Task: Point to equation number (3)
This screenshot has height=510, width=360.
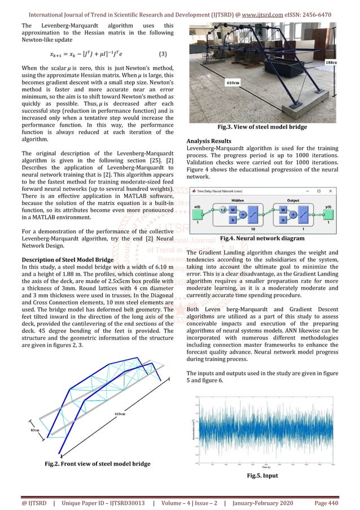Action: coord(163,54)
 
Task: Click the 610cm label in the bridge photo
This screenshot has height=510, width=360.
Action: coord(232,82)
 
